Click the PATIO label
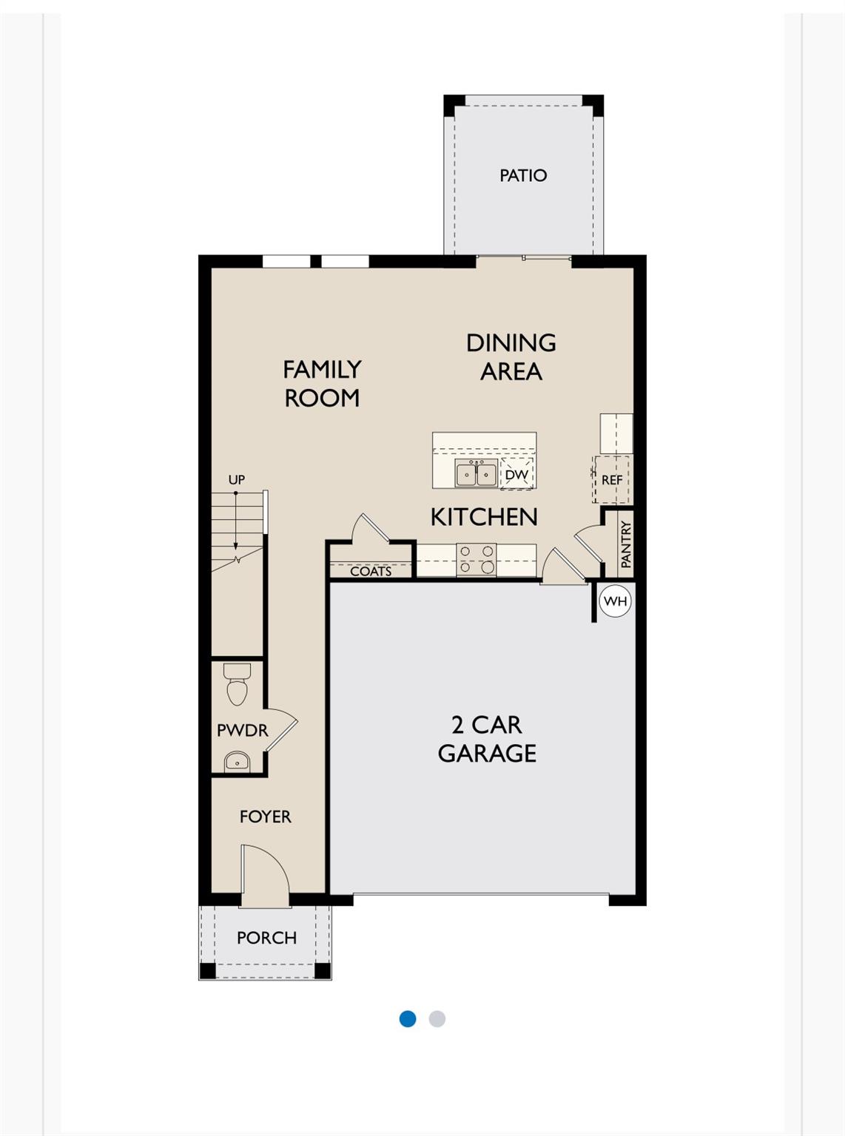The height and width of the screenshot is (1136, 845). pos(523,175)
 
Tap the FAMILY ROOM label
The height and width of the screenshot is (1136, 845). pos(322,383)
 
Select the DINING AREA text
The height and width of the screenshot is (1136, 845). pos(511,356)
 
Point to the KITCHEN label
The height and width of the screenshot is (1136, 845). pos(484,516)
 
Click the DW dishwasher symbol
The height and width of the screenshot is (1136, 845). pos(516,474)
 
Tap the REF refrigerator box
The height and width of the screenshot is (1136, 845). pos(612,480)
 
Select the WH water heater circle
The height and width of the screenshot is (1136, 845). pos(615,601)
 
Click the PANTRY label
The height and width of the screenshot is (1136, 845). pos(626,544)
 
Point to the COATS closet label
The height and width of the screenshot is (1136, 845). pos(371,571)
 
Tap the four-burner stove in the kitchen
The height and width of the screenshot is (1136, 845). pos(476,560)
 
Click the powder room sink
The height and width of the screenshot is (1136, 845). pos(237,761)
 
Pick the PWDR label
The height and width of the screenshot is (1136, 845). pos(242,730)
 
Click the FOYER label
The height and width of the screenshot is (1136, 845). pos(265,816)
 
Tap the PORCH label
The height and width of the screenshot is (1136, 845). pos(266,937)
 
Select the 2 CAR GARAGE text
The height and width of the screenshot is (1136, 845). pos(487,738)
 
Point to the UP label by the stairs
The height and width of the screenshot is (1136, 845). pos(236,479)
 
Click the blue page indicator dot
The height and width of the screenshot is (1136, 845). pos(408,1018)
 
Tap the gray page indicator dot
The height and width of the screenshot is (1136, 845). pos(437,1018)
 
